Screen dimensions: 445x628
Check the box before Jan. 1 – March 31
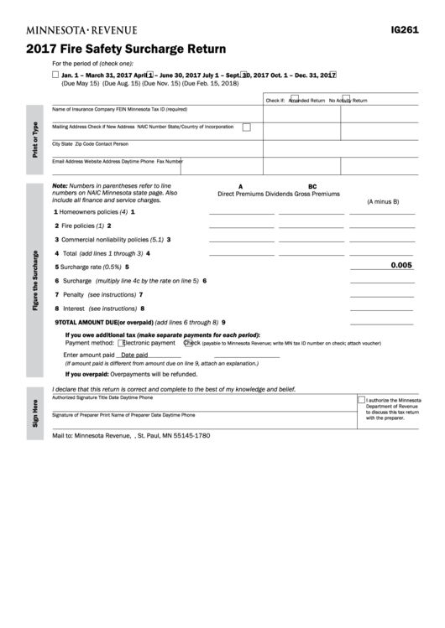(55, 75)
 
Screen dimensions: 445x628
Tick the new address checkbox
(246, 127)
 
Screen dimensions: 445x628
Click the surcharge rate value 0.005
(402, 265)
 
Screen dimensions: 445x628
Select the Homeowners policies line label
(90, 211)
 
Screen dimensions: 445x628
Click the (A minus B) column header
(383, 202)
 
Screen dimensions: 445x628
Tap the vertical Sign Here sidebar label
(35, 413)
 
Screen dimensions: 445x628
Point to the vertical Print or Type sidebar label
(35, 138)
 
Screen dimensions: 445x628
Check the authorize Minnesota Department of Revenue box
(361, 399)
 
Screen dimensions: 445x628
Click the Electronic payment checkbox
(123, 342)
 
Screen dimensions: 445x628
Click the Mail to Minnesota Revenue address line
(131, 436)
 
